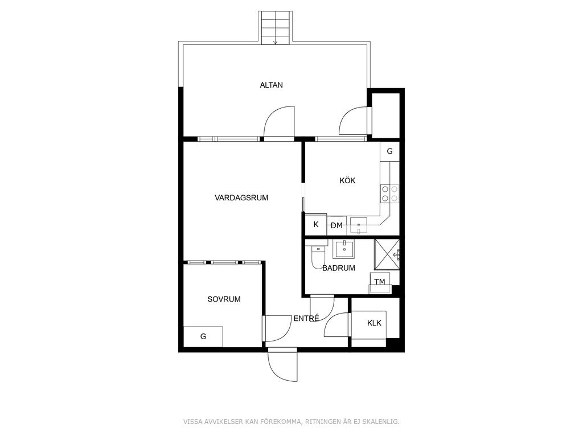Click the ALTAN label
pos(271,85)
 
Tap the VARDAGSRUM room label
pos(241,197)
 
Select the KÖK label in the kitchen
pos(347,180)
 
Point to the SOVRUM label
pos(224,299)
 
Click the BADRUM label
pos(338,268)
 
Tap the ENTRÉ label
pos(306,319)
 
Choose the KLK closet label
pos(374,323)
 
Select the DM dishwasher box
pos(336,225)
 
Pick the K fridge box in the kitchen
pos(315,224)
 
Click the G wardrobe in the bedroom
pos(203,337)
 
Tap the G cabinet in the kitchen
pos(389,151)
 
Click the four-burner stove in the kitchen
pos(389,194)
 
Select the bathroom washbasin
pos(344,249)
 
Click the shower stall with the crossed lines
pos(387,254)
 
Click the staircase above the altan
pos(275,28)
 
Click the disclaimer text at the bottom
pos(291,422)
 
